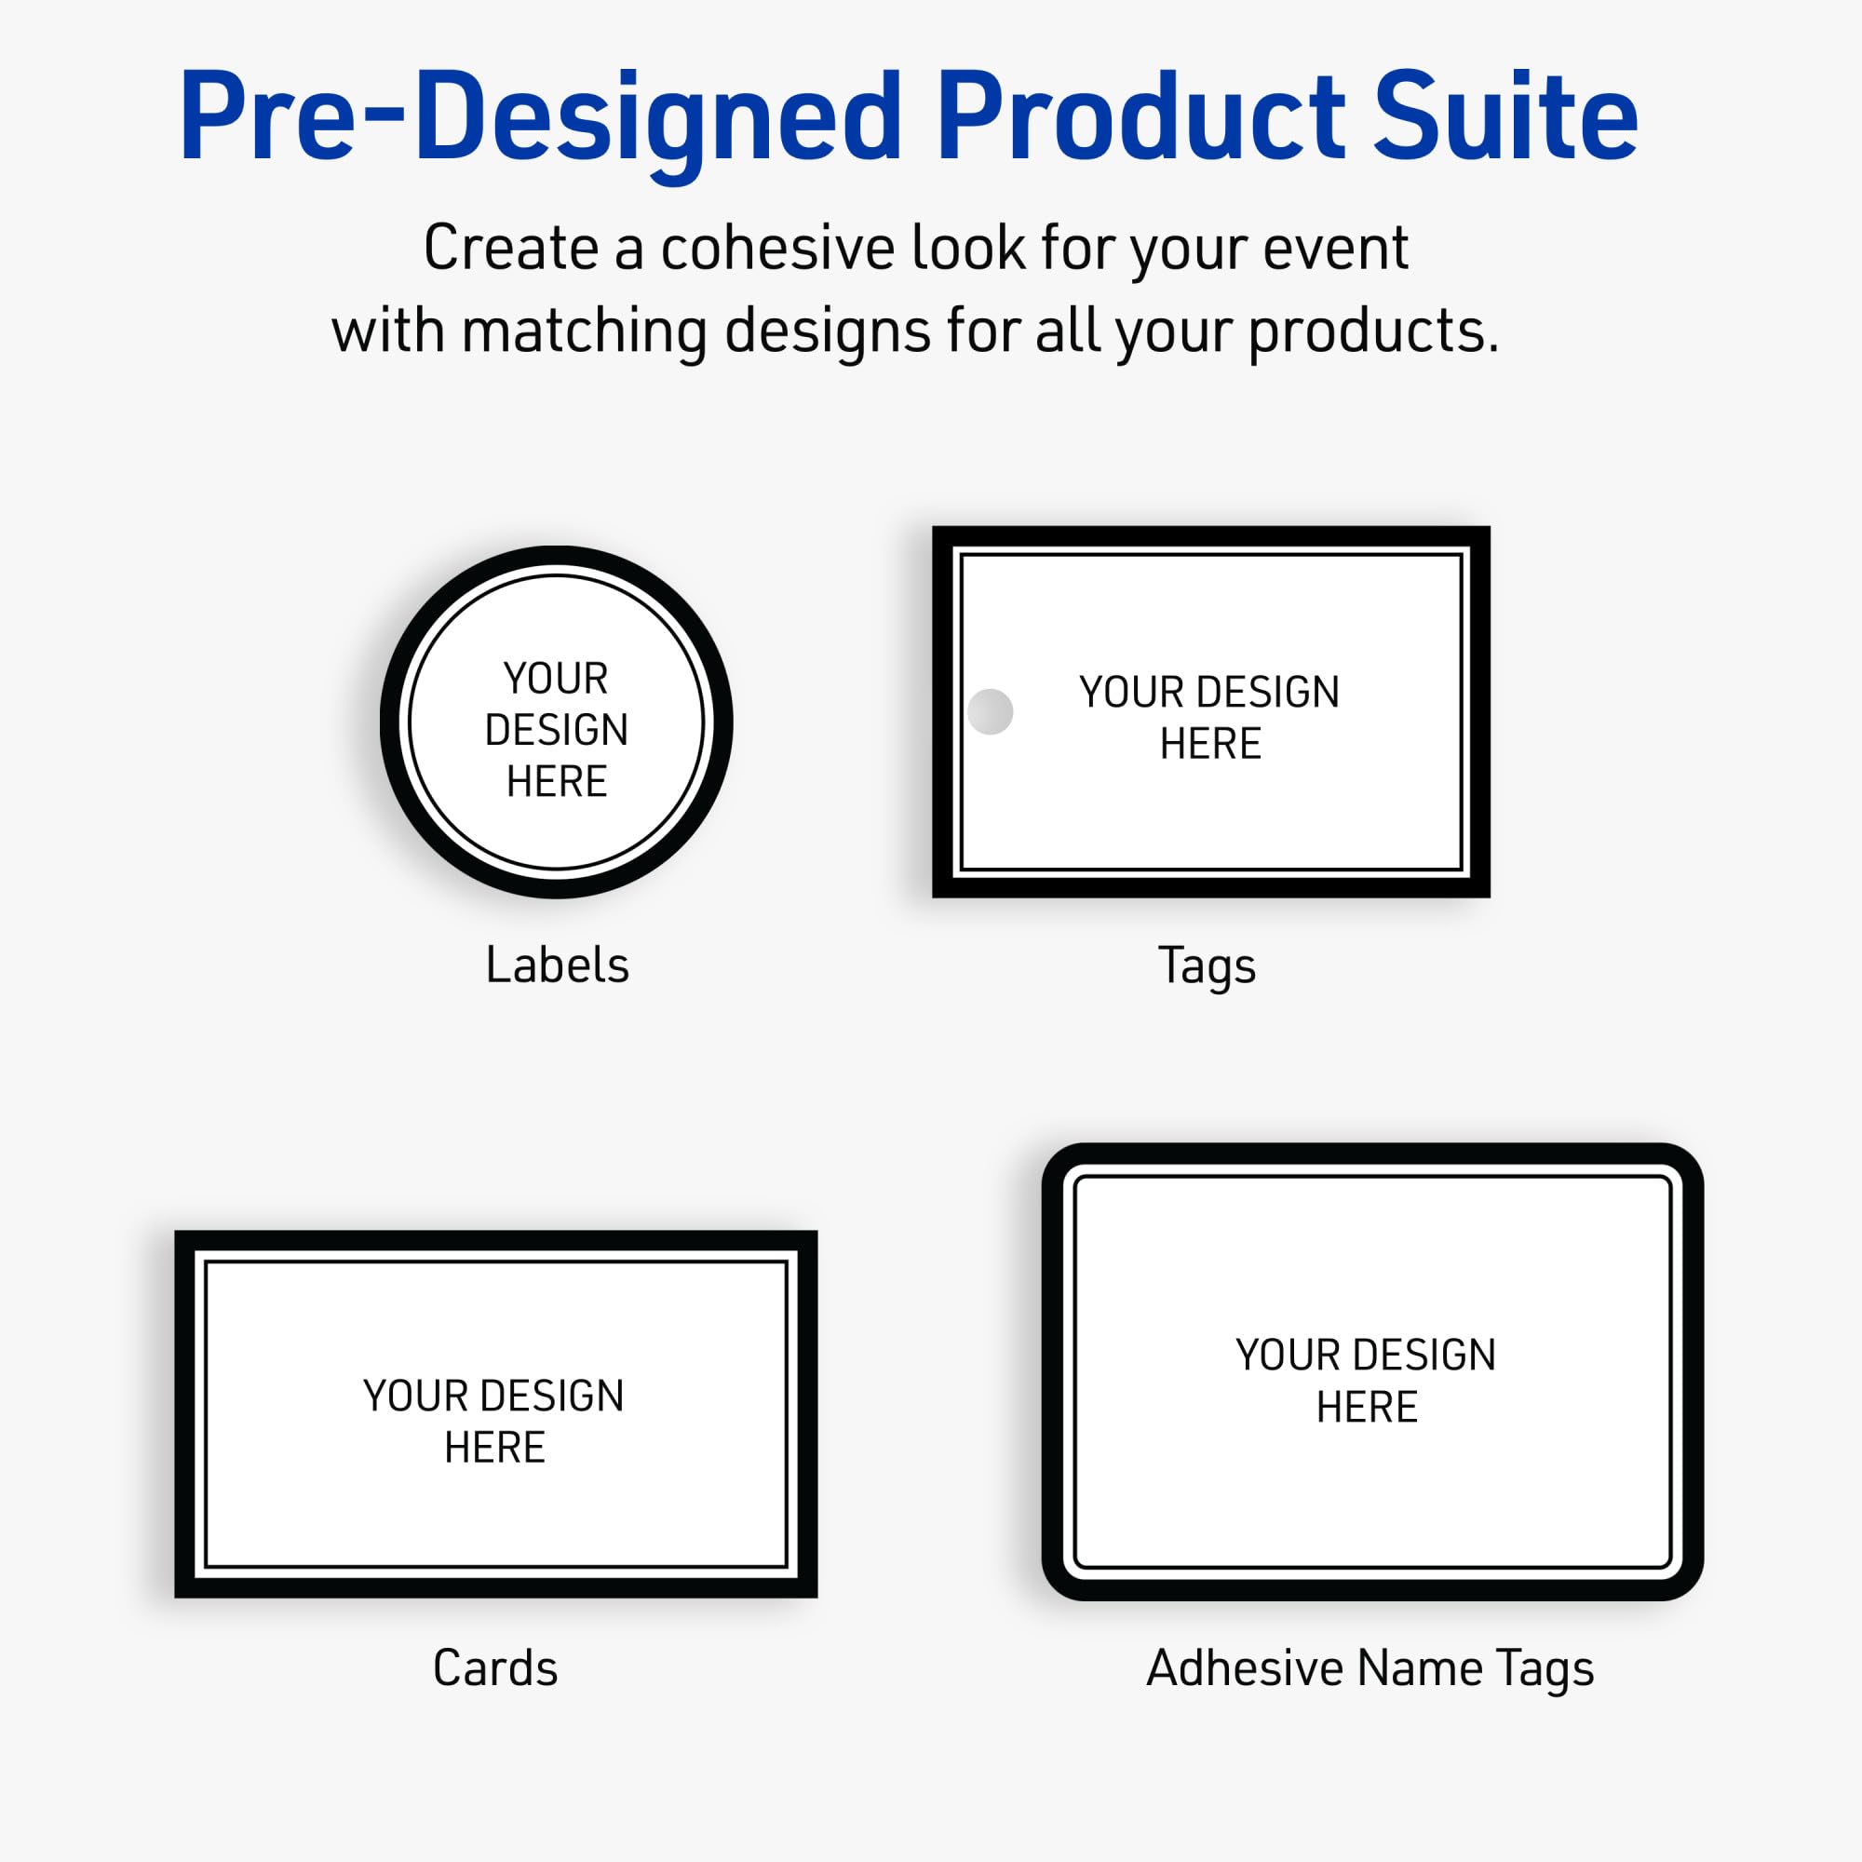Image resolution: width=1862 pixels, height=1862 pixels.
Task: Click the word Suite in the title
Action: coord(1504,117)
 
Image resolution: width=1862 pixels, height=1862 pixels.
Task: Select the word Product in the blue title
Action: coord(1140,117)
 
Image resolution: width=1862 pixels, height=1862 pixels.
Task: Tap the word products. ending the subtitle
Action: coord(1373,331)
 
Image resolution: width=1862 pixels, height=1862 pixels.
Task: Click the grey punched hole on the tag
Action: coord(990,711)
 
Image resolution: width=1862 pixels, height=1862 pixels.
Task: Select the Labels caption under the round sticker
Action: coord(557,965)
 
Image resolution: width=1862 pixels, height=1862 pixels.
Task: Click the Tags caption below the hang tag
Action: coord(1207,965)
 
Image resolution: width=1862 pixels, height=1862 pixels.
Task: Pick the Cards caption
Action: coord(495,1668)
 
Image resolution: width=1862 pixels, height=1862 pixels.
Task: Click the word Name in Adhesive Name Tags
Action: coord(1420,1668)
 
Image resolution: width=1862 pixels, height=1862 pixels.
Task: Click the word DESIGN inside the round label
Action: coord(556,730)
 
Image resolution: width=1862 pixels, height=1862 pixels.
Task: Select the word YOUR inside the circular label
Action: coord(556,679)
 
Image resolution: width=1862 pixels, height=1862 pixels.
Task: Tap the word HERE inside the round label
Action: coord(556,781)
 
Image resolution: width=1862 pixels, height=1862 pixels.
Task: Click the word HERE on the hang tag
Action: coord(1210,743)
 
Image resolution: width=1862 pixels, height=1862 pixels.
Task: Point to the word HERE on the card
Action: coord(494,1448)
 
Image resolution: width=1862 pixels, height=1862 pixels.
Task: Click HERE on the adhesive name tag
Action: coord(1367,1407)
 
